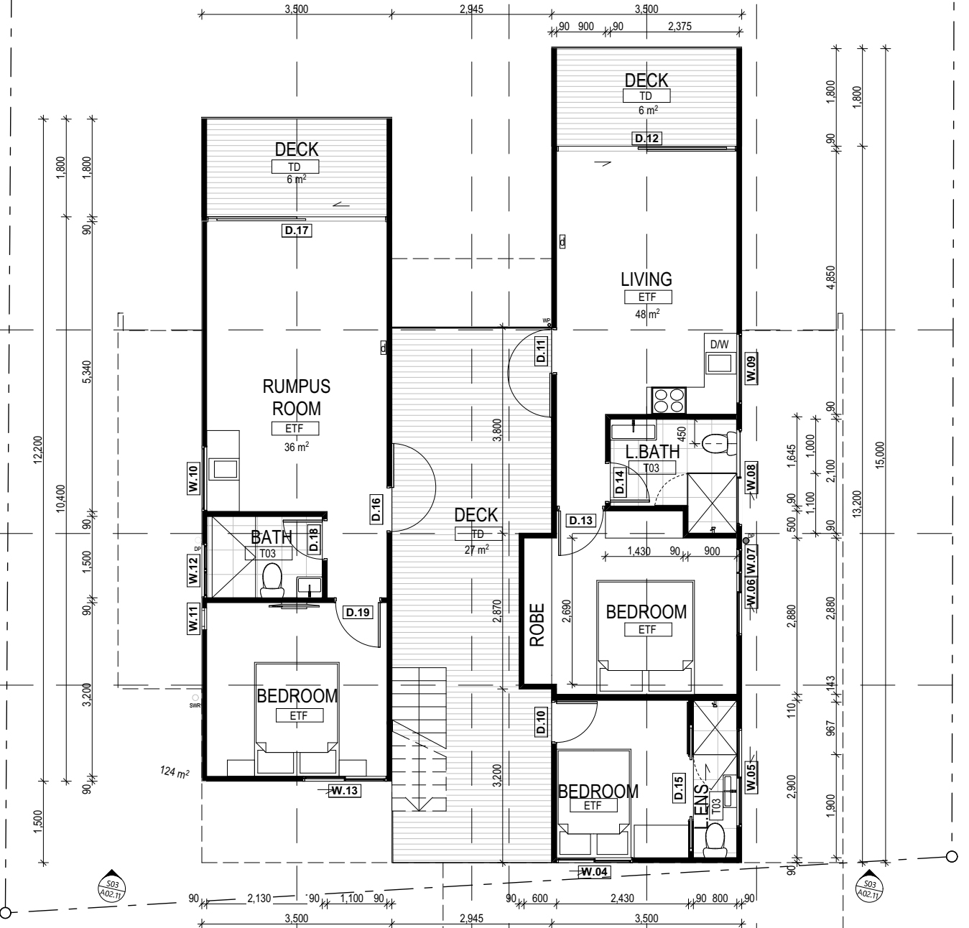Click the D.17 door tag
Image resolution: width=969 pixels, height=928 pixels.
pos(296,231)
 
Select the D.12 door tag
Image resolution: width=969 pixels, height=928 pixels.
pos(646,138)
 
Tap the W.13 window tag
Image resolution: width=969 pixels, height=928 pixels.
pos(344,791)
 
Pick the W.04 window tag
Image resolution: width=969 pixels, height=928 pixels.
pos(594,872)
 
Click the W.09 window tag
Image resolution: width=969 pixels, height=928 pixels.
pos(751,368)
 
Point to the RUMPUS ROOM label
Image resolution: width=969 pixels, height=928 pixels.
pos(296,397)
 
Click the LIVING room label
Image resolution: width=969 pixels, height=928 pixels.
pos(646,279)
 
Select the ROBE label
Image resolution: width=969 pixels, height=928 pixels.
pos(537,625)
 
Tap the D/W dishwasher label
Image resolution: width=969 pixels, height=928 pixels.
pos(719,345)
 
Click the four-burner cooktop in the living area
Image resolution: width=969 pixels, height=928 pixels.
pos(669,399)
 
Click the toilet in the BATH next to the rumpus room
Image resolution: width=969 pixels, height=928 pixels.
pos(272,580)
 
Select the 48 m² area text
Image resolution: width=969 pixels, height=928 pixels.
pos(647,314)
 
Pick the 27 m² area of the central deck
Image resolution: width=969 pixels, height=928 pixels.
pos(476,549)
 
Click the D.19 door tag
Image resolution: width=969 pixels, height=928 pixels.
pos(358,613)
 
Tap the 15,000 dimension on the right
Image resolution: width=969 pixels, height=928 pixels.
pos(880,454)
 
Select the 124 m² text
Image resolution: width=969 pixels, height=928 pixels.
pos(175,773)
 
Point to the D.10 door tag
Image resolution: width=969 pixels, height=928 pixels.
pos(541,721)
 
